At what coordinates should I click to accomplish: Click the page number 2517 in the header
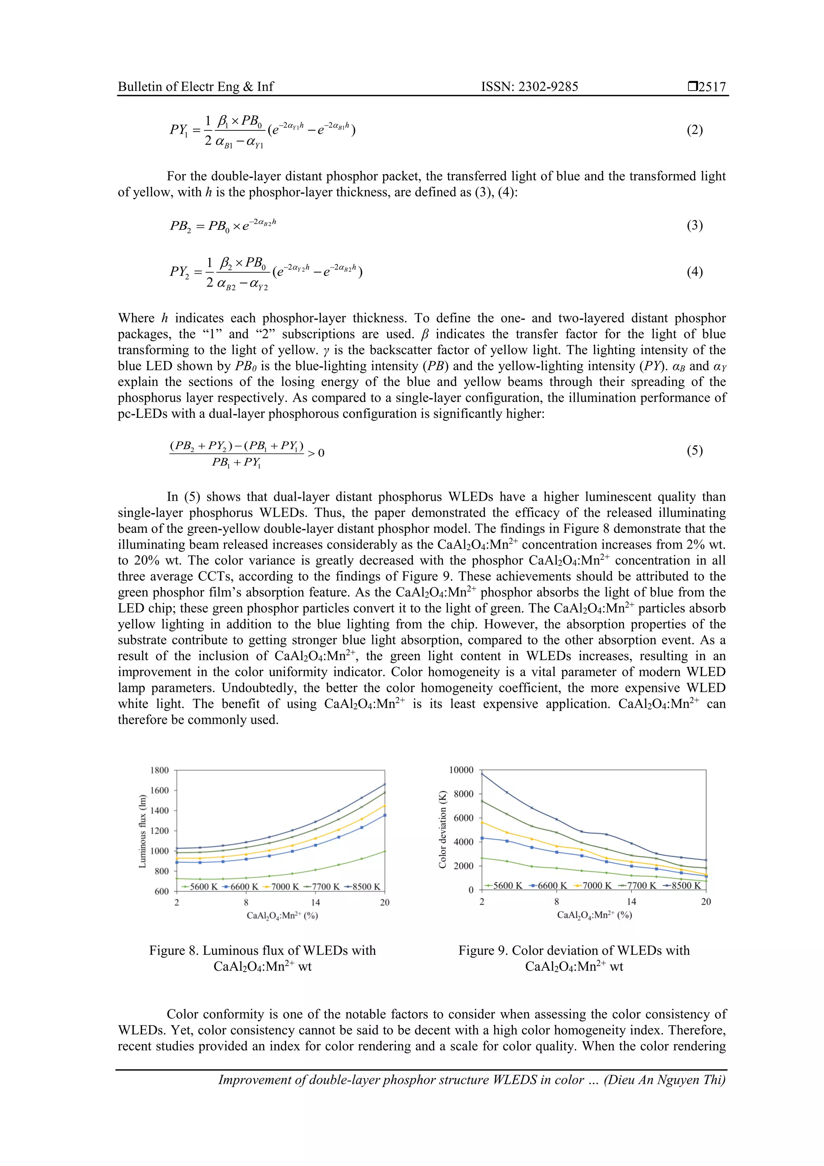click(711, 87)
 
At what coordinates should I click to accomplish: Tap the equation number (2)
click(694, 130)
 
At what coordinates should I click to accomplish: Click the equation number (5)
click(694, 450)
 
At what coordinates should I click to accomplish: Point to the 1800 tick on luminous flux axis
click(159, 770)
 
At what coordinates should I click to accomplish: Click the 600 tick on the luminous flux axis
click(161, 891)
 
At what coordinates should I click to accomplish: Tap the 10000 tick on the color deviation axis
click(461, 770)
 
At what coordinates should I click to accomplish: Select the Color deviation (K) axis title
click(442, 829)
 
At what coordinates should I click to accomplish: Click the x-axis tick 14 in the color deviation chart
click(631, 902)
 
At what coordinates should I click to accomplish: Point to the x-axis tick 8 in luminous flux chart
click(246, 902)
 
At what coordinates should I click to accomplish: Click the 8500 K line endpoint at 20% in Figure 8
click(384, 784)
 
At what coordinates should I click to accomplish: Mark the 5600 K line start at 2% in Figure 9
click(482, 858)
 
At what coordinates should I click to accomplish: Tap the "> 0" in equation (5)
click(316, 453)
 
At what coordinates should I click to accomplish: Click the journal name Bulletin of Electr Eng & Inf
click(196, 87)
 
